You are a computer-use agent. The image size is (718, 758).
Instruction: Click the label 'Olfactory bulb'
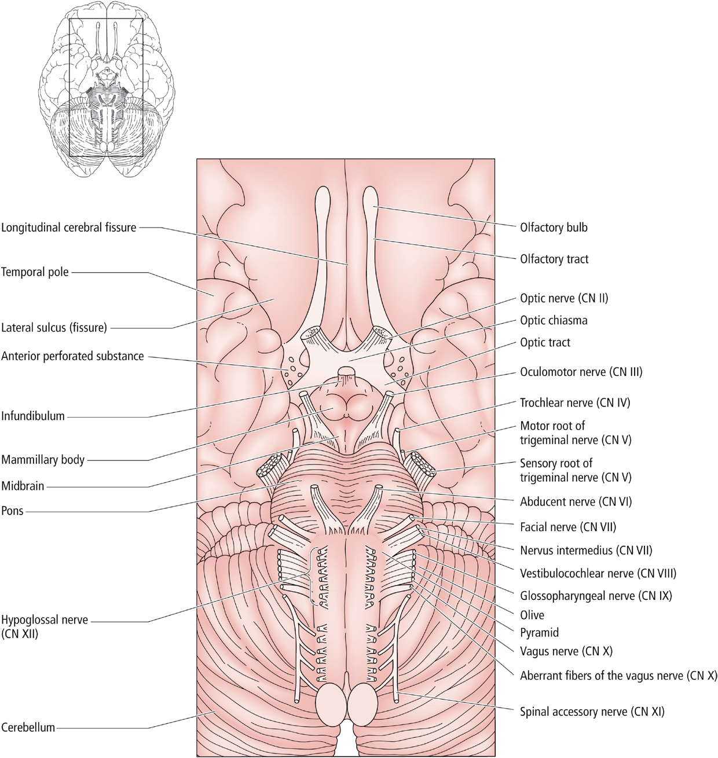point(554,228)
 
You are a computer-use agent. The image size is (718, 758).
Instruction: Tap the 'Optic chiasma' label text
point(554,320)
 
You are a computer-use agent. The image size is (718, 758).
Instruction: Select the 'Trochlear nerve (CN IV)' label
point(575,403)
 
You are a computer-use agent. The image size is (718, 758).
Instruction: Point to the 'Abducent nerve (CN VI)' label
point(576,501)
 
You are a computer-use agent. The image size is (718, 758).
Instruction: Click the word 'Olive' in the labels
point(532,615)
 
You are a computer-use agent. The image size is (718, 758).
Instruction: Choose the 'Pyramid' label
point(539,632)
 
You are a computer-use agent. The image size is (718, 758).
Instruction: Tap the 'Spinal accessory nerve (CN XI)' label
point(592,711)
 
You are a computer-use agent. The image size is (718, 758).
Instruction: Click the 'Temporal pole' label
point(35,272)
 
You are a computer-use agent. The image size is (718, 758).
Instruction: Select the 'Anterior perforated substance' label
point(72,356)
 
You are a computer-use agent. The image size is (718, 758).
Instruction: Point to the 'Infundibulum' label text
point(33,416)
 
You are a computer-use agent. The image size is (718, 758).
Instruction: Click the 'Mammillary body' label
point(43,460)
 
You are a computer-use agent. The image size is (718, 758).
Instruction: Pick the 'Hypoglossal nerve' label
point(45,620)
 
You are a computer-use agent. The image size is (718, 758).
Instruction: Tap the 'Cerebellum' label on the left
point(28,727)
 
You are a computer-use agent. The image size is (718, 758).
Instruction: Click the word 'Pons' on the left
point(12,511)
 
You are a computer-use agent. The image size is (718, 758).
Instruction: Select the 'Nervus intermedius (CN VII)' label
point(586,550)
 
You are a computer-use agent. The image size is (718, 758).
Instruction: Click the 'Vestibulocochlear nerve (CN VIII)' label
point(598,573)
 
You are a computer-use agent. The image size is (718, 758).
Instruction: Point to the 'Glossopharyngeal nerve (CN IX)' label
point(596,596)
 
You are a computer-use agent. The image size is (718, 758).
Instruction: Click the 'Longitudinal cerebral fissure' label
point(69,228)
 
